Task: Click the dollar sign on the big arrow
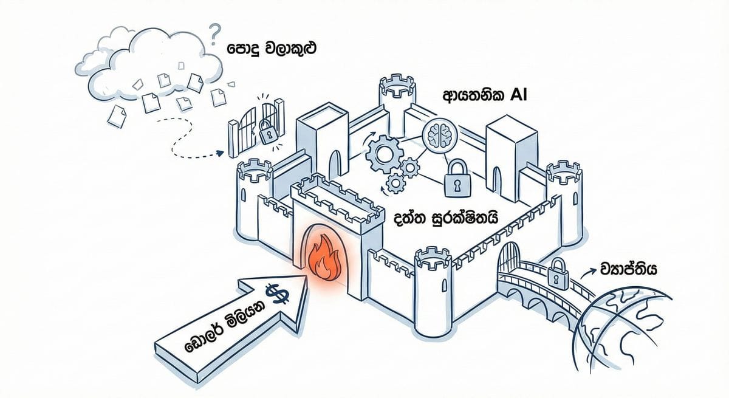279,295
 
